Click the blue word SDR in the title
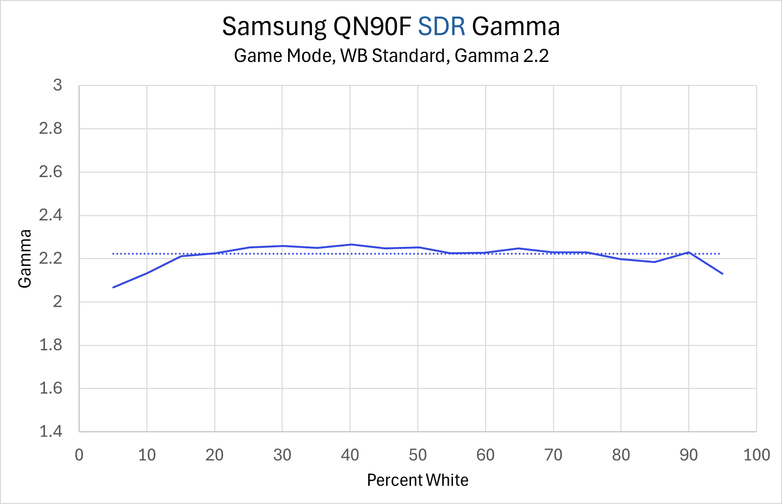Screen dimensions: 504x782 point(441,27)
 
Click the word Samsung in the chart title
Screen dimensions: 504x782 point(274,27)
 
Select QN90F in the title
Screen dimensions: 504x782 point(372,27)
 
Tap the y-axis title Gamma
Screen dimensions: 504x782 point(25,259)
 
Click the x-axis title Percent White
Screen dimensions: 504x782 point(417,480)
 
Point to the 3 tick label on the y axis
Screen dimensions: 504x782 point(58,85)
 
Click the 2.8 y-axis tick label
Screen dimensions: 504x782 point(51,129)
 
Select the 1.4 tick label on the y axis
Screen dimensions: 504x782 point(51,431)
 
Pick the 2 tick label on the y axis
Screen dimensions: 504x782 point(58,302)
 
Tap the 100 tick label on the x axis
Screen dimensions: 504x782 point(756,455)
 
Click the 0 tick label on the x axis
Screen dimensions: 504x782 point(79,455)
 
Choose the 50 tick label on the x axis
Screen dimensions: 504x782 point(417,455)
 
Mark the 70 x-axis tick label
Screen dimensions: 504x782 point(553,455)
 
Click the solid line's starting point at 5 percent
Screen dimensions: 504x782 point(113,287)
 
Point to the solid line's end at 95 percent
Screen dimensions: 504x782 point(722,274)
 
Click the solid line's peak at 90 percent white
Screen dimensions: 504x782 point(688,252)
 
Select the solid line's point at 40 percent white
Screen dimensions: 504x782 point(350,244)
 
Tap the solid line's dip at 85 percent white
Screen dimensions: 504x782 point(655,262)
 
